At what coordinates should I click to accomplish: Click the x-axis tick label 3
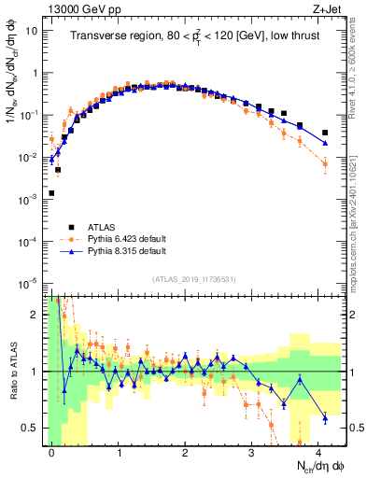click(252, 453)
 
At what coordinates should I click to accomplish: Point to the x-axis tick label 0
click(52, 453)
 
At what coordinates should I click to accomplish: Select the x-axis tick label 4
click(318, 453)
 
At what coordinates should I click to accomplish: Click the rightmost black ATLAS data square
click(325, 133)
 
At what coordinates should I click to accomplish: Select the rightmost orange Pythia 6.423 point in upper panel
click(325, 163)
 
